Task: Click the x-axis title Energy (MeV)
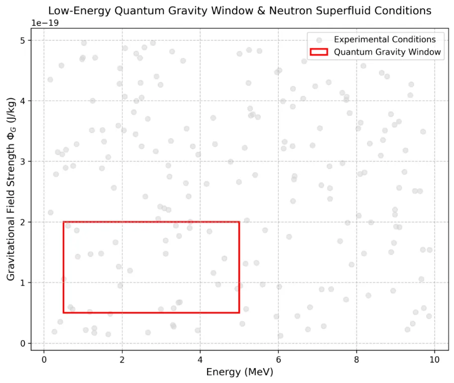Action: tap(239, 372)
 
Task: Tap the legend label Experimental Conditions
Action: tap(385, 39)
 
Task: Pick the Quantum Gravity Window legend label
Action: tap(387, 51)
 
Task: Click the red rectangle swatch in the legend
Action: tap(319, 51)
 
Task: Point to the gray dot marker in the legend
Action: tap(319, 39)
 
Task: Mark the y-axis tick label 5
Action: tap(22, 40)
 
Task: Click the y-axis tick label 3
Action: tap(22, 162)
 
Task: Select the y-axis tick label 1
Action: tap(22, 283)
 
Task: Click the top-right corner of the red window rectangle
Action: tap(239, 222)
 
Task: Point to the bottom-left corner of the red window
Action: tap(63, 313)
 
